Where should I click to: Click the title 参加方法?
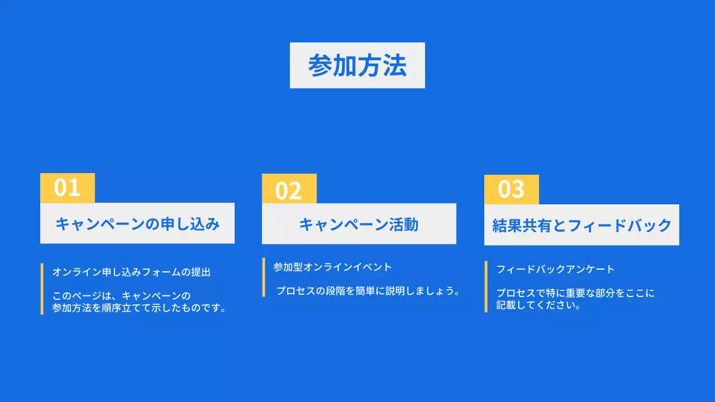coord(357,66)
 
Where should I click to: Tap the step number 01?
coord(67,188)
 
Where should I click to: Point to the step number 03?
coord(511,190)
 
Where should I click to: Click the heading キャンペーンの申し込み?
coord(137,224)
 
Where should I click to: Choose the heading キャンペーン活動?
coord(359,224)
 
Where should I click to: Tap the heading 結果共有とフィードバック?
coord(581,226)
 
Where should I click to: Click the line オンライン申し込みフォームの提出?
coord(131,272)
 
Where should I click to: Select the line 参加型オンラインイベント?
coord(332,267)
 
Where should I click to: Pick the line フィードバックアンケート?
coord(555,269)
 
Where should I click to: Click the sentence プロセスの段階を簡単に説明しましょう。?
coord(368,291)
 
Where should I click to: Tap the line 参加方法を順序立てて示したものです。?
coord(140,308)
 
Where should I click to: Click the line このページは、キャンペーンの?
coord(122,296)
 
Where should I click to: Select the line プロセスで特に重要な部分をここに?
coord(575,293)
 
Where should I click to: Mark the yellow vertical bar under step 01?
coord(42,289)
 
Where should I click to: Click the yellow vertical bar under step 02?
coord(264,277)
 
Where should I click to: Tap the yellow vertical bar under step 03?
coord(486,286)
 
